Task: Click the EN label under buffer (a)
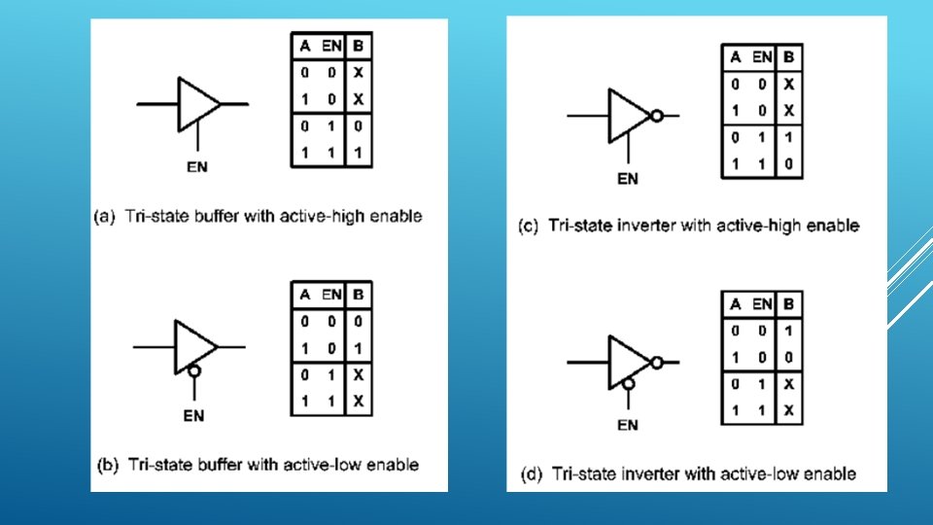[x=196, y=166]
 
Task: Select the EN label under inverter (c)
[x=628, y=178]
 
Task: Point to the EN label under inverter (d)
[x=628, y=425]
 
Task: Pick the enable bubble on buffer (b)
[x=196, y=370]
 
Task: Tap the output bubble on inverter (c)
[x=657, y=116]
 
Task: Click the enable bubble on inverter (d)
[x=629, y=384]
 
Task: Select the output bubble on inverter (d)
[x=657, y=362]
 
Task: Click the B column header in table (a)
[x=358, y=47]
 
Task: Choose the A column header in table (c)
[x=736, y=57]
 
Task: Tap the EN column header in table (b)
[x=331, y=295]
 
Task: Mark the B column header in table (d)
[x=788, y=304]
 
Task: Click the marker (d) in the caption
[x=532, y=474]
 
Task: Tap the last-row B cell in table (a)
[x=358, y=153]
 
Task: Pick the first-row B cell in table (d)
[x=788, y=331]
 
